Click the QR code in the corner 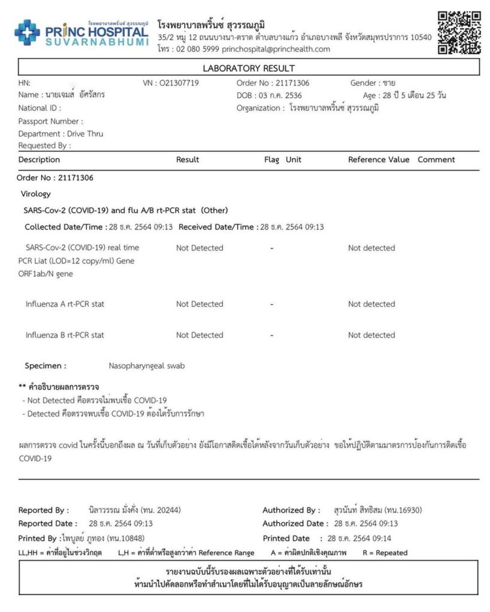tap(459, 32)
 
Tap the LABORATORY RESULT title tap(249, 68)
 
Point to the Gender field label tap(364, 83)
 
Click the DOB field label tap(245, 96)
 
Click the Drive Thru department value tap(85, 134)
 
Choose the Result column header tap(188, 160)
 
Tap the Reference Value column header tap(379, 160)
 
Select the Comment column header tap(436, 160)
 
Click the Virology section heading tap(36, 194)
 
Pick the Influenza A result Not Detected tap(200, 304)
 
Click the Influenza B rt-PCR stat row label tap(65, 335)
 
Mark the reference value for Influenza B tap(371, 335)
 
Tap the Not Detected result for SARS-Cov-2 tap(200, 248)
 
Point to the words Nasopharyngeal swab tap(146, 365)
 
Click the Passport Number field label tap(51, 121)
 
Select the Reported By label tap(44, 510)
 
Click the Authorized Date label tap(292, 524)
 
